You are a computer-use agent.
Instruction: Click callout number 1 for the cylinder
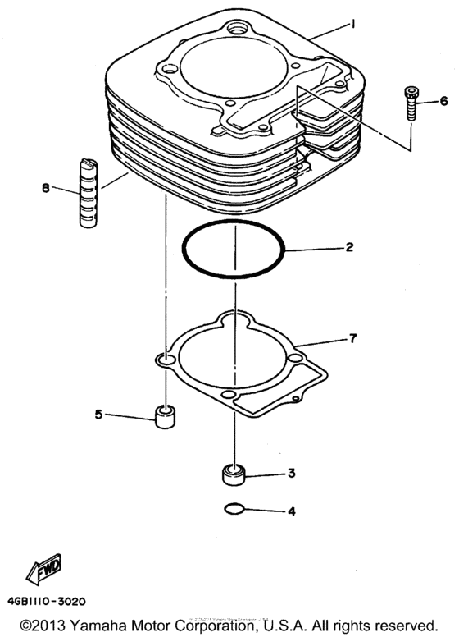point(353,25)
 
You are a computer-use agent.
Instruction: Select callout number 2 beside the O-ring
point(349,246)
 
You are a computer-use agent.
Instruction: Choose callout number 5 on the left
point(98,415)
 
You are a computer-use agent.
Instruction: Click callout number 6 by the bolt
point(443,101)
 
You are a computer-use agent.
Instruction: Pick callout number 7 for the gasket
point(353,338)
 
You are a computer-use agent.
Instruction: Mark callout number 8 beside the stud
point(46,188)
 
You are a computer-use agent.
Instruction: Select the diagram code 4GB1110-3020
point(55,599)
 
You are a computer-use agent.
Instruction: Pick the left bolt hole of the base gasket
point(166,360)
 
